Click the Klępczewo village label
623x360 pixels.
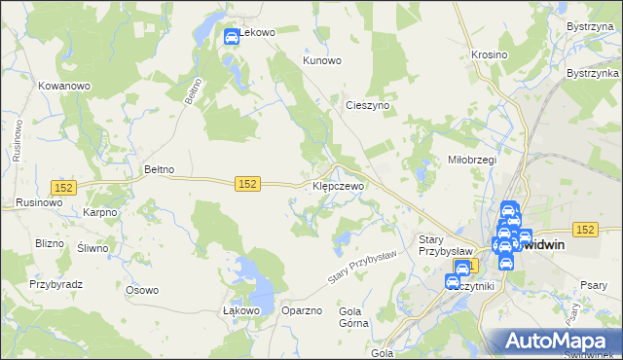[338, 185]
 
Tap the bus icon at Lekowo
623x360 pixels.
[232, 38]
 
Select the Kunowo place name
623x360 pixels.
[322, 60]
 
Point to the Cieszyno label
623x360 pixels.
[368, 104]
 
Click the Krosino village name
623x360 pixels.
[489, 54]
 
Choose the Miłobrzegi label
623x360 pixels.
[472, 160]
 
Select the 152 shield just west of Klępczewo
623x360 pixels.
[247, 184]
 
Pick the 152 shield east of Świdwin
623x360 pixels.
[584, 229]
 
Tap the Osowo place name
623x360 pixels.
[142, 290]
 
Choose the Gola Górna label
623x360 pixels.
[350, 318]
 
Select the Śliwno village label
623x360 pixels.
[92, 248]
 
